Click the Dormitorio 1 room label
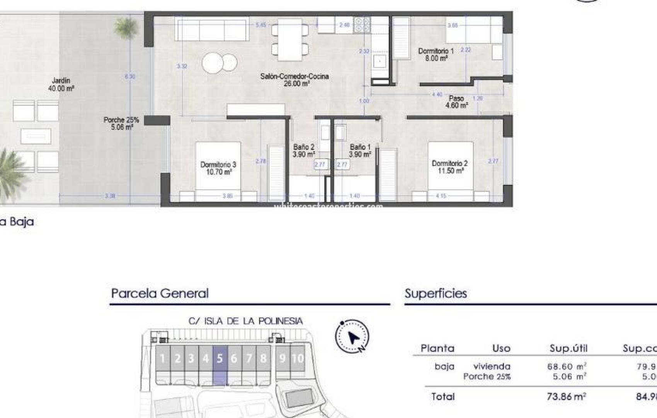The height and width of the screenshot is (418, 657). click(436, 55)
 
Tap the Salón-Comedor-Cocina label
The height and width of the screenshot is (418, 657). click(294, 80)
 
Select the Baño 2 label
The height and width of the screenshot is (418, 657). click(303, 151)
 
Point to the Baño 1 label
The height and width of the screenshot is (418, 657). click(360, 151)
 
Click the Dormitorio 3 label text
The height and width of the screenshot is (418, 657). click(218, 168)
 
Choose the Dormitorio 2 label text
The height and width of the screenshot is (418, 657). click(450, 167)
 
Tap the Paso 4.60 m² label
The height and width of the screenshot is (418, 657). click(456, 102)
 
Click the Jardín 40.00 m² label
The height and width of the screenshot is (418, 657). click(61, 84)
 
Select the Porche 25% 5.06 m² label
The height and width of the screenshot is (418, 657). click(121, 123)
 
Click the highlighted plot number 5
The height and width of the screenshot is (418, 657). click(220, 359)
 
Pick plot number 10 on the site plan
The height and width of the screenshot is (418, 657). click(298, 359)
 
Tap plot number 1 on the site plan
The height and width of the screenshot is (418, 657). click(163, 359)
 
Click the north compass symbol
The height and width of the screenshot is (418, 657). click(352, 336)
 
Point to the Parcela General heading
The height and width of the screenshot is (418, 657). click(160, 293)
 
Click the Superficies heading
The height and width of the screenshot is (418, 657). click(436, 293)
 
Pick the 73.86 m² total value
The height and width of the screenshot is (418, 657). click(567, 396)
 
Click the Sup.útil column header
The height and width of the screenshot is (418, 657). click(568, 348)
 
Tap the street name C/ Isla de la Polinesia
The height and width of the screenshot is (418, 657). click(245, 321)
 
